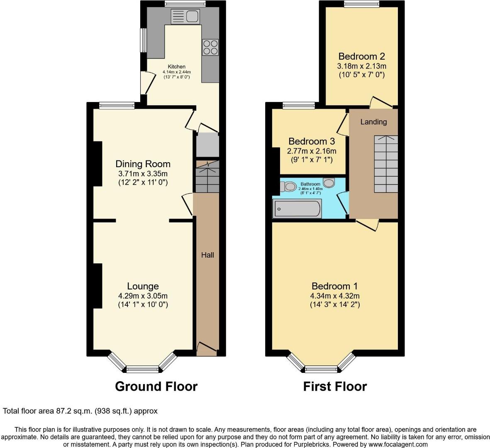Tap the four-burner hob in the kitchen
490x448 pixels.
pos(210,47)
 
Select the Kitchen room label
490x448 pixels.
pos(176,66)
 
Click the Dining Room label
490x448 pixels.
pos(143,164)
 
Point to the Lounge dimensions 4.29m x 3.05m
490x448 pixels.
pos(143,296)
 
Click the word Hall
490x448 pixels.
pos(207,255)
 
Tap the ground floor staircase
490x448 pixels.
pos(207,177)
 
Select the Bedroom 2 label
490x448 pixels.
pos(361,56)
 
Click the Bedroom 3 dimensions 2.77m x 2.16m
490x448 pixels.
pos(312,151)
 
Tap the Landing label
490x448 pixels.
pos(373,122)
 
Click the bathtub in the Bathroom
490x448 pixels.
pos(297,209)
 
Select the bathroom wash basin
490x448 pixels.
pos(329,182)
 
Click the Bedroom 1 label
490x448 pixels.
pos(334,286)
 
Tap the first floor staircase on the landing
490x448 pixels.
pos(386,164)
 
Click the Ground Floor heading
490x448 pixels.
pos(156,386)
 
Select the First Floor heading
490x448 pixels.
pos(334,386)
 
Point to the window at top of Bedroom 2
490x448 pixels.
pos(361,5)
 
